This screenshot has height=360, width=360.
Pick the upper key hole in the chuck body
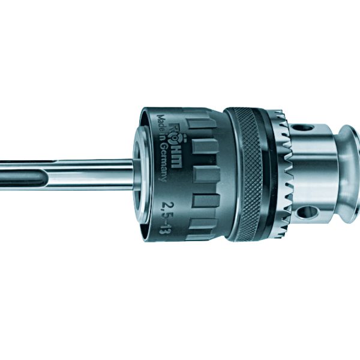click(x=307, y=127)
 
